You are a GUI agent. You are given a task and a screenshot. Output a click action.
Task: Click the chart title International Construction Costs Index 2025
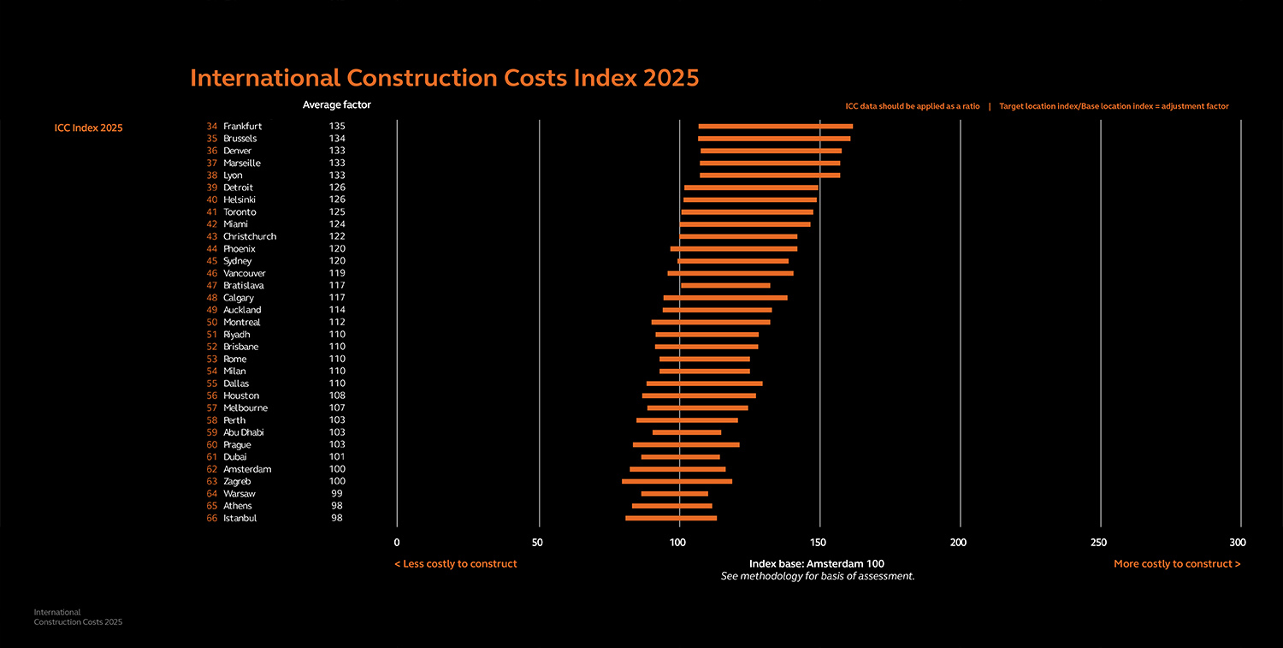444,78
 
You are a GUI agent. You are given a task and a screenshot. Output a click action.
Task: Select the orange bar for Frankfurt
775,127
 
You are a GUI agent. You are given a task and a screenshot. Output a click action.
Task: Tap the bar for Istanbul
671,518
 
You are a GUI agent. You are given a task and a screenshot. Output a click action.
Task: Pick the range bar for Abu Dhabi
686,432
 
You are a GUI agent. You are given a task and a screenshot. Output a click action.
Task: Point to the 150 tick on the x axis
819,542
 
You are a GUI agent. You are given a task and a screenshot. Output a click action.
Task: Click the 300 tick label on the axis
1237,542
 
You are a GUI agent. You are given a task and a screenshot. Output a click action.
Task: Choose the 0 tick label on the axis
397,542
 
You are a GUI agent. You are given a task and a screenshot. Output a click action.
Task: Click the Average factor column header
336,105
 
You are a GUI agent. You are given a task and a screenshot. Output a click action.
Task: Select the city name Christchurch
250,236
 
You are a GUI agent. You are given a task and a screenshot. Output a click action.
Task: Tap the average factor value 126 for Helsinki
337,199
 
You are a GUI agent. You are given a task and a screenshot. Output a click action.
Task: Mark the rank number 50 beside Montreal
212,322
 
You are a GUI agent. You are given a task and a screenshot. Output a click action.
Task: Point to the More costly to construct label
1176,564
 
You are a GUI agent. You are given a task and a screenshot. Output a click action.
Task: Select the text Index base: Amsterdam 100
817,564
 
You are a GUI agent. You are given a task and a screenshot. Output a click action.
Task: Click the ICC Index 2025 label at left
88,128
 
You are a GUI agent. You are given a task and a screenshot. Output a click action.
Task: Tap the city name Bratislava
244,285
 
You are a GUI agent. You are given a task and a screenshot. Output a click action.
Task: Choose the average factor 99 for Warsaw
337,494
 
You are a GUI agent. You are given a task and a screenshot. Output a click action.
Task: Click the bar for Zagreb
677,481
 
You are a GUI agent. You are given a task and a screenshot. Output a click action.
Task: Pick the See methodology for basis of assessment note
818,576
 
